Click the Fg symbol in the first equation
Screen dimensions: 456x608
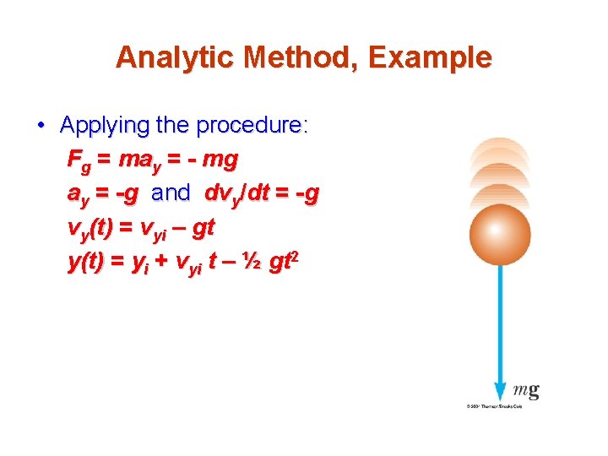coord(77,160)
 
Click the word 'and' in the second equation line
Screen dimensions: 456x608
coord(171,193)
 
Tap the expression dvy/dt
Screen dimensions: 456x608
coord(237,194)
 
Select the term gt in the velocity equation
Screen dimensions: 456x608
coord(204,228)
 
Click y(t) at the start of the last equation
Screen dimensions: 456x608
coord(85,263)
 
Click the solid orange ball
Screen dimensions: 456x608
coord(499,231)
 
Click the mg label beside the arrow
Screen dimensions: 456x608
coord(526,390)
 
